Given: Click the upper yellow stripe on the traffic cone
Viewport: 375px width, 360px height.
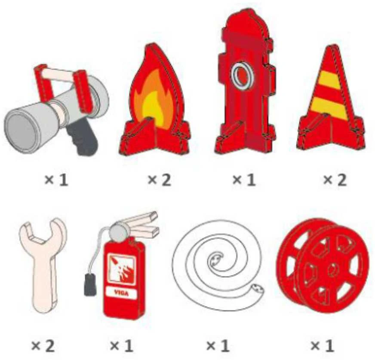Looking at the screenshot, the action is tap(328, 79).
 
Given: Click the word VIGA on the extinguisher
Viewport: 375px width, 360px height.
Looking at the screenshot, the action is tap(121, 293).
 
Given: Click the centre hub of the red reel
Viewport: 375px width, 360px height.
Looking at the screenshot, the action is tap(333, 269).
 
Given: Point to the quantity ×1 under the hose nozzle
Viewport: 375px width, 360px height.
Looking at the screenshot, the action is tap(56, 180).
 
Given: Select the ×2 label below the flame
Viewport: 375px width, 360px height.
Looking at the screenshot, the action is tap(160, 180).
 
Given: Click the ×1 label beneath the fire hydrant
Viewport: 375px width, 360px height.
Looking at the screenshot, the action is tap(244, 180).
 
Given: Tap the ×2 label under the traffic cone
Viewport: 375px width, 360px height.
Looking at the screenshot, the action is tap(335, 180).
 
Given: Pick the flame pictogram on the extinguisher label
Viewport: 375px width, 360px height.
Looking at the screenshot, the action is tap(122, 269).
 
